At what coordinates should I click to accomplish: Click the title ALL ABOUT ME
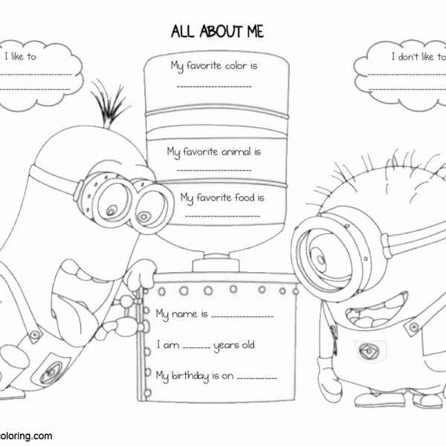[x=216, y=30]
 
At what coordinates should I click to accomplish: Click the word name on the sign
[x=187, y=314]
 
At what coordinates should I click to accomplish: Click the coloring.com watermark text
[x=27, y=436]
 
